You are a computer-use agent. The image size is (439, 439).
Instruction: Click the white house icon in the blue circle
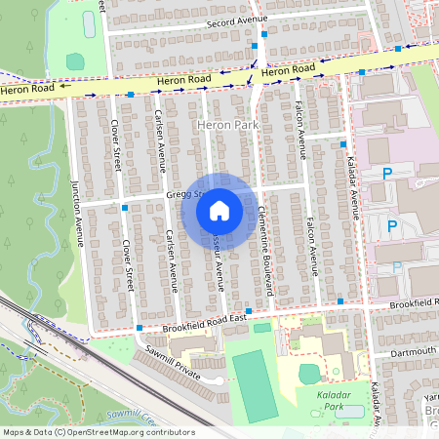(219, 210)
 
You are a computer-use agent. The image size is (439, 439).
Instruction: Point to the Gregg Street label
(182, 194)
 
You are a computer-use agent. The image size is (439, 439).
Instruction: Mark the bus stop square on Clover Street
(125, 208)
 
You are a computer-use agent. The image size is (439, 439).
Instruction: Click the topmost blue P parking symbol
(387, 173)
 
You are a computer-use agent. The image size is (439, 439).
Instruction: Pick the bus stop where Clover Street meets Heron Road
(130, 95)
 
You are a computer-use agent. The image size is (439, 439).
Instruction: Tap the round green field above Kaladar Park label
(308, 374)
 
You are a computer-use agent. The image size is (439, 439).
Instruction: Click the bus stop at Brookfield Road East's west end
(140, 328)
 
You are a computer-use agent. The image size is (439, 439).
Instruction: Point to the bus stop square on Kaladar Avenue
(343, 143)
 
